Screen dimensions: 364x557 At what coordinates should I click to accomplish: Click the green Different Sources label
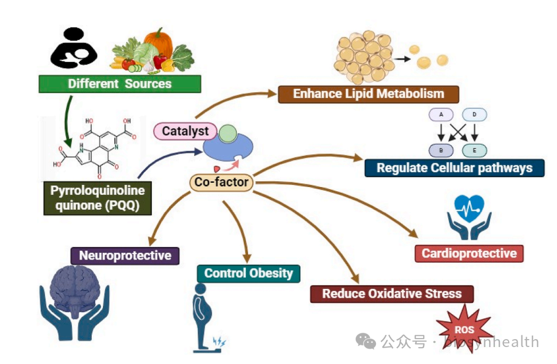(x=119, y=84)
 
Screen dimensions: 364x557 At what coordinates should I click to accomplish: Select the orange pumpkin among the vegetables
(x=159, y=43)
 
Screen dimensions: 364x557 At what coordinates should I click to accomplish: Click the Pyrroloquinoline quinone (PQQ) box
(x=98, y=198)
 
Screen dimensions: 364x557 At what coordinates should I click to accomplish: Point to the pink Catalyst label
(x=185, y=131)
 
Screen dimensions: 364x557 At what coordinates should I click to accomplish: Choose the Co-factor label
(x=221, y=182)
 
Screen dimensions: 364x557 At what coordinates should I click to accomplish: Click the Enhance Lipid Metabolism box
(x=369, y=94)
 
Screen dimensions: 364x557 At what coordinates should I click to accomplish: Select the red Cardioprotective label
(x=469, y=253)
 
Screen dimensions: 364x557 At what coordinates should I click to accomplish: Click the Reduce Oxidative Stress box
(x=392, y=294)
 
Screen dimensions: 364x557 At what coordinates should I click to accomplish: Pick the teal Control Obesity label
(x=248, y=273)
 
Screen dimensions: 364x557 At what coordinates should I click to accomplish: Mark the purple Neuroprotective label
(x=125, y=255)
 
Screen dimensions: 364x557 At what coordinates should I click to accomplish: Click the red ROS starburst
(x=465, y=330)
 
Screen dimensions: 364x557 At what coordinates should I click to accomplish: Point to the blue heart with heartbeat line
(x=469, y=208)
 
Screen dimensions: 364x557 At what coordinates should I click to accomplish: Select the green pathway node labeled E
(x=474, y=151)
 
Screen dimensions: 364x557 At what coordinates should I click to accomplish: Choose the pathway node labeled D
(x=474, y=114)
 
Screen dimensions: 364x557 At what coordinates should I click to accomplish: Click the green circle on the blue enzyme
(x=228, y=133)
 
